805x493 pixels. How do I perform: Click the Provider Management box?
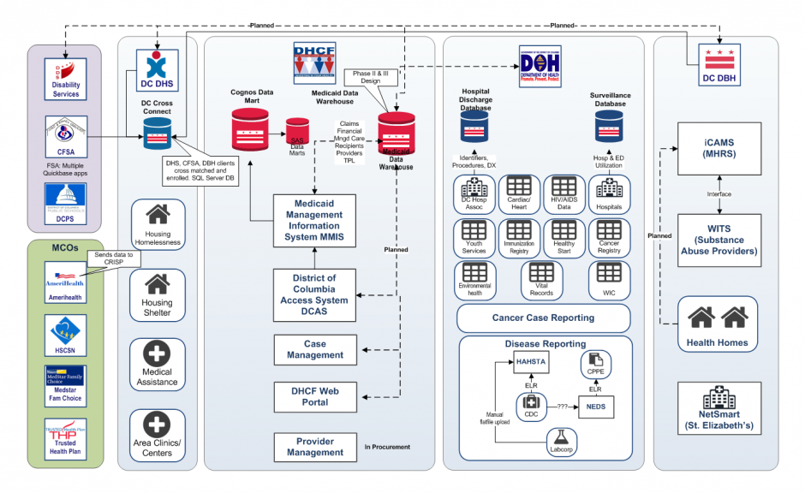pos(315,447)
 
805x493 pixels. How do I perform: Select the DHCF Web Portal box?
pos(315,396)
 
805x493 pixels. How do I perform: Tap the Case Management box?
pos(315,349)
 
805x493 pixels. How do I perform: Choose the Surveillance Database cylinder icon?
pos(610,128)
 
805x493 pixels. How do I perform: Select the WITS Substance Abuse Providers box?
pos(719,241)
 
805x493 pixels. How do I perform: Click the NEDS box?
pos(595,407)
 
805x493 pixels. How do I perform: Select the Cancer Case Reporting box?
pos(543,318)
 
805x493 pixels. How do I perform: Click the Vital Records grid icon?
pos(542,273)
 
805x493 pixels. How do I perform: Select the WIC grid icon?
pos(610,273)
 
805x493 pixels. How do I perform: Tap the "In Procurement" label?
pos(387,447)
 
